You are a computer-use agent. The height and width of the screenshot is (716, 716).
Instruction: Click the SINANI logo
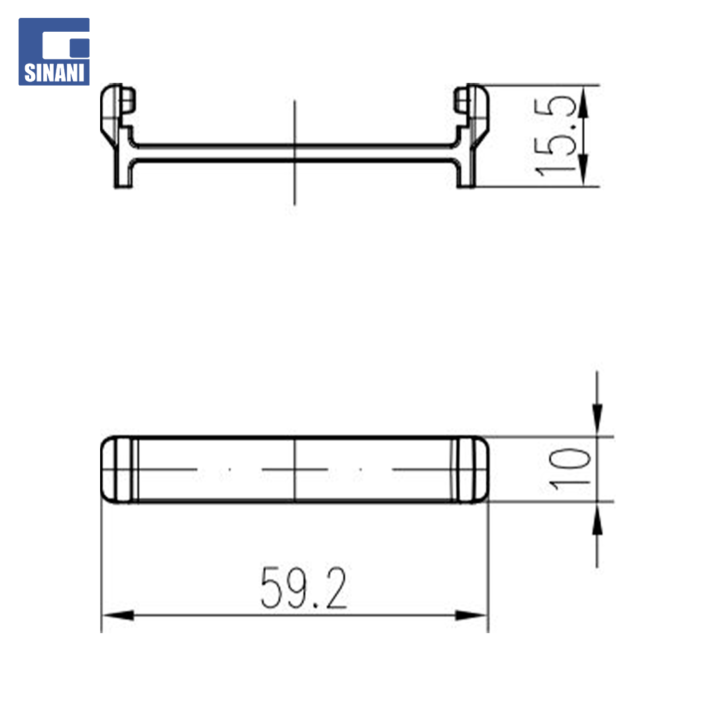tap(54, 52)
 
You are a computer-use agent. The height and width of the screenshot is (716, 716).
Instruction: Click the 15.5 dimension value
tap(554, 136)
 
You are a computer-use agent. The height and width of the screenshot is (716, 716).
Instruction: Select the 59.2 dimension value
tap(304, 587)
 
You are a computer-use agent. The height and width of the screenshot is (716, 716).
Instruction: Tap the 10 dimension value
tap(569, 469)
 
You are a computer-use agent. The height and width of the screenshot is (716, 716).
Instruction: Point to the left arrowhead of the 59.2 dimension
tap(118, 615)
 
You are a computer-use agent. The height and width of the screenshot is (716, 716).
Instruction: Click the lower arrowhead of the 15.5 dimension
tap(583, 170)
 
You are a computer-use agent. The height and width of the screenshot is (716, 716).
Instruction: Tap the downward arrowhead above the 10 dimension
tap(597, 420)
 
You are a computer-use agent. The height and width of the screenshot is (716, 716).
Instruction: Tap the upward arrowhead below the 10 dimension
tap(597, 518)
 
